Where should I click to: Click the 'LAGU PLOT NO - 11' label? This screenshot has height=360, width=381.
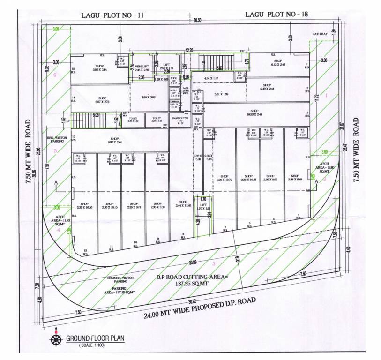[112, 15]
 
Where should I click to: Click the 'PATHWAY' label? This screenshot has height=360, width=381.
[319, 34]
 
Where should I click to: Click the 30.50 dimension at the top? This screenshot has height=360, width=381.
[197, 21]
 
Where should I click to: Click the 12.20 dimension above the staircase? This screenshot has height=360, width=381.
[189, 49]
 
